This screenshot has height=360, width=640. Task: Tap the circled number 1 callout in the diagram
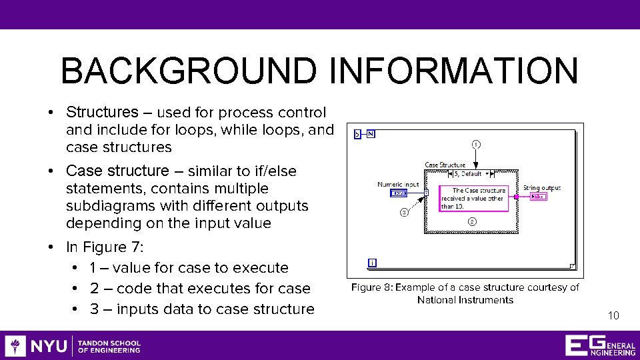475,144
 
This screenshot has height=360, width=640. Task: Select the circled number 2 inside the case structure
472,221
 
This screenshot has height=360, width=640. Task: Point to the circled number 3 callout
404,213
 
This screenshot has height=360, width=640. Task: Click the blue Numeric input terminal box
398,193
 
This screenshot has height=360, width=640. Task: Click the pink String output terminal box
539,196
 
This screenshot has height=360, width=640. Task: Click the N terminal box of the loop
370,134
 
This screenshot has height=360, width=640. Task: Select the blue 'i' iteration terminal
372,263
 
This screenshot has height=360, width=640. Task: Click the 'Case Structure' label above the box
445,165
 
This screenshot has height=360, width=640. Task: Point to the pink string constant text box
474,199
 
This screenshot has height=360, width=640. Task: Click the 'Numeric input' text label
398,185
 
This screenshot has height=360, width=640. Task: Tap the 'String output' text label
542,188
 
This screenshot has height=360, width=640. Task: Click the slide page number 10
613,315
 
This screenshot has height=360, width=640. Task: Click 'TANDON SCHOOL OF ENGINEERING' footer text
109,346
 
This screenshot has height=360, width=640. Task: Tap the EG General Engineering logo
600,346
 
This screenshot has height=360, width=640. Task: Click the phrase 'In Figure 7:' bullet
105,247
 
